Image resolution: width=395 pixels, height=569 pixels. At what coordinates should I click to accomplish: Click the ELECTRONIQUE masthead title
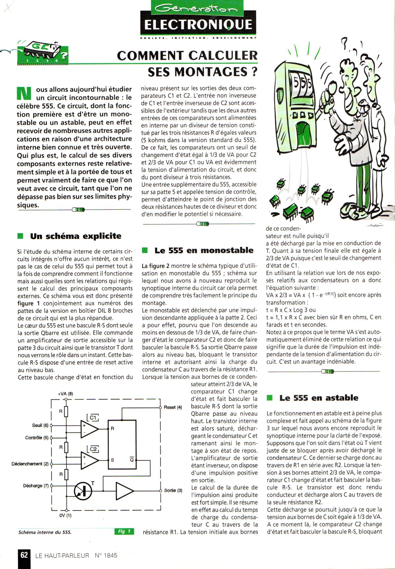point(198,25)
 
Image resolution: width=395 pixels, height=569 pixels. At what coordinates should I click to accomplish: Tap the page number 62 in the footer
point(24,555)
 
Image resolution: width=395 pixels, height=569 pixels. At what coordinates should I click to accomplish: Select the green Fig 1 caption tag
point(124,531)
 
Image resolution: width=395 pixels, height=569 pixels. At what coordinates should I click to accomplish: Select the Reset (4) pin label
point(173,407)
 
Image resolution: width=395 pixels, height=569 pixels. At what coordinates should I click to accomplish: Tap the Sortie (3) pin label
point(173,490)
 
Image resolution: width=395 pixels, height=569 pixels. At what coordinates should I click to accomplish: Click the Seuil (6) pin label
point(40,425)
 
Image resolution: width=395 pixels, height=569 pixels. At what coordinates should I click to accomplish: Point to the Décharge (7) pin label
point(36,486)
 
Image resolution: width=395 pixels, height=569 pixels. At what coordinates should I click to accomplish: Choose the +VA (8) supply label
point(66,394)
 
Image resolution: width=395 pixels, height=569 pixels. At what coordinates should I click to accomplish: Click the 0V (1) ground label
point(65,515)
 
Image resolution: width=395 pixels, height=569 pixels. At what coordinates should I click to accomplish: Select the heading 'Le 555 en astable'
point(319,398)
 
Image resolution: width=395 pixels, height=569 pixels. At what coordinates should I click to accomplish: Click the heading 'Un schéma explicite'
point(76,236)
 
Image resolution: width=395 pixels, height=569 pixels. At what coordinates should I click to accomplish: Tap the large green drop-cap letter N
point(24,93)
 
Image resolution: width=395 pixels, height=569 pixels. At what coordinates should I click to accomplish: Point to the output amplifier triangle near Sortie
point(124,491)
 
